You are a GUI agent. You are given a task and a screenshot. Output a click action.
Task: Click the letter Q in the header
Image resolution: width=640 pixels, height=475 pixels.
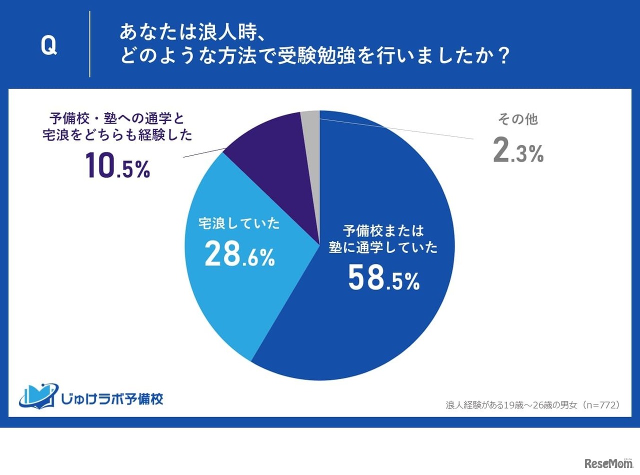coord(48,46)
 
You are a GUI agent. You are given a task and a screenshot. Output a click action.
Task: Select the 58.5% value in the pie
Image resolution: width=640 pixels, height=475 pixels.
coord(383,279)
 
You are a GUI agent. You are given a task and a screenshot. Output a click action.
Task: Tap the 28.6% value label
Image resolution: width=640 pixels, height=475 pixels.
coord(239,255)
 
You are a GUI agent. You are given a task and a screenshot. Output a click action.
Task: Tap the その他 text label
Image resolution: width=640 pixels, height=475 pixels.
coord(517,119)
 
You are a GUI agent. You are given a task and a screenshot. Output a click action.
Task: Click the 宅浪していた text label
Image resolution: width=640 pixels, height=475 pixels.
coord(239,224)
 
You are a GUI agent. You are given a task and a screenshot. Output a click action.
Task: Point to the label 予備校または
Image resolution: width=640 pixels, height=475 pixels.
coord(383,231)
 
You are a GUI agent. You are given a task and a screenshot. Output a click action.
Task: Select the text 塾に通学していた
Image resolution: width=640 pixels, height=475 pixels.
coord(383,247)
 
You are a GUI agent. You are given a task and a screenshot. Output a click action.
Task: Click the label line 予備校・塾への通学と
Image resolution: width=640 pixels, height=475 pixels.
coord(117,118)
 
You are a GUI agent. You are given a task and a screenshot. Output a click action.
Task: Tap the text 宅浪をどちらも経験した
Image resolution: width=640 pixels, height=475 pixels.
coord(117,136)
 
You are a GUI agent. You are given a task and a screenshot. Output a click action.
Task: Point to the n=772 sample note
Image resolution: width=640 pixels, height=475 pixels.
coord(533,404)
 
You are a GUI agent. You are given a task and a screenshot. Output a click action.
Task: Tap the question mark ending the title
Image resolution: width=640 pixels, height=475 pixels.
coord(503,56)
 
